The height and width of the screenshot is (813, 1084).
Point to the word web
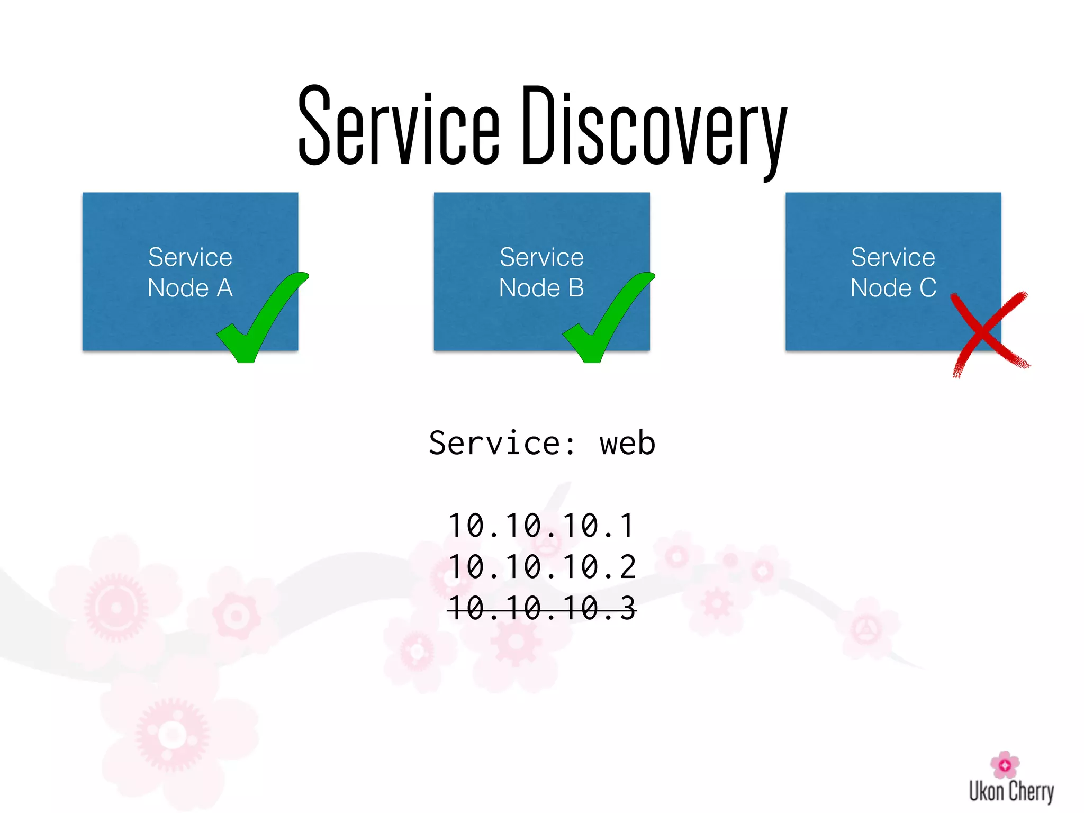(x=627, y=444)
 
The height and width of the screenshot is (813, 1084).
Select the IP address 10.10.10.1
(x=541, y=526)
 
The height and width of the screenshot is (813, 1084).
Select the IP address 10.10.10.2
(x=541, y=567)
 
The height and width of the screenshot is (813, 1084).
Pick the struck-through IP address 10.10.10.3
(x=541, y=608)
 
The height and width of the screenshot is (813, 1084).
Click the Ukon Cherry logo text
(x=1011, y=791)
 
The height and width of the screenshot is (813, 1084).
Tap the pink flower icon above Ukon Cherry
(x=1004, y=764)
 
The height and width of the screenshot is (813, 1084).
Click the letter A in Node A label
(x=224, y=288)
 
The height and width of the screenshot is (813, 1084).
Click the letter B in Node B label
(x=576, y=288)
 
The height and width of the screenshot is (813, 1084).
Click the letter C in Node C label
(x=928, y=288)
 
